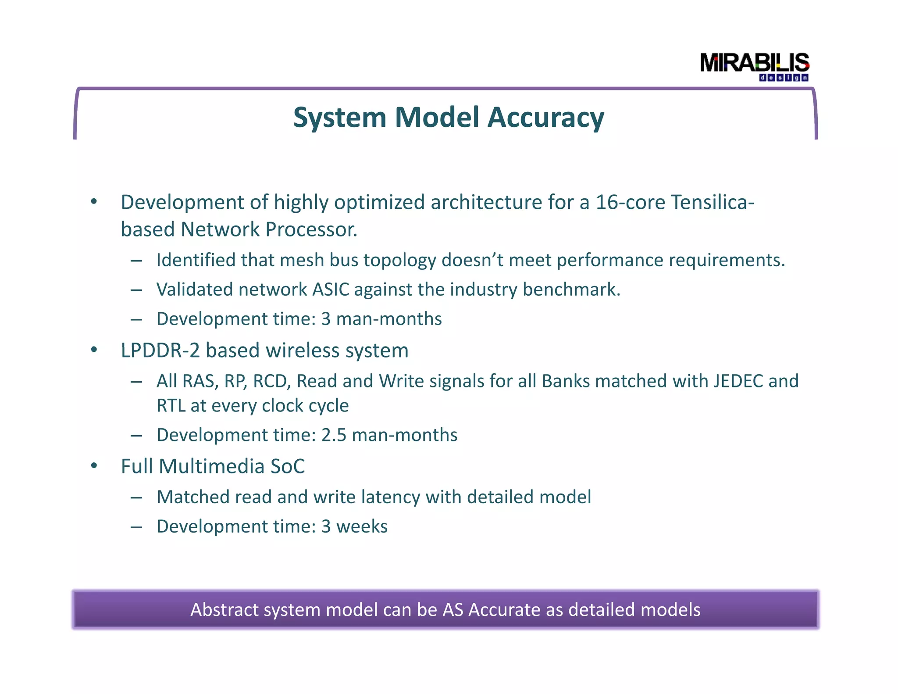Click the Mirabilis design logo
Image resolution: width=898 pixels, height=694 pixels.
(754, 66)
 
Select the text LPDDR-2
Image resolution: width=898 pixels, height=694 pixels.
(160, 351)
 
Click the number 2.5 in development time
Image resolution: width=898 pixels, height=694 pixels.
(334, 435)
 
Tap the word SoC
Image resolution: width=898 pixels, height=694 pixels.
(288, 466)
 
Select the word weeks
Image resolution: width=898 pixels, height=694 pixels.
(362, 526)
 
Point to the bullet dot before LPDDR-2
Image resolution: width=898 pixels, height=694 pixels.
(94, 350)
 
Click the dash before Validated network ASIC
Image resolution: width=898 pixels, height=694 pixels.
(136, 290)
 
